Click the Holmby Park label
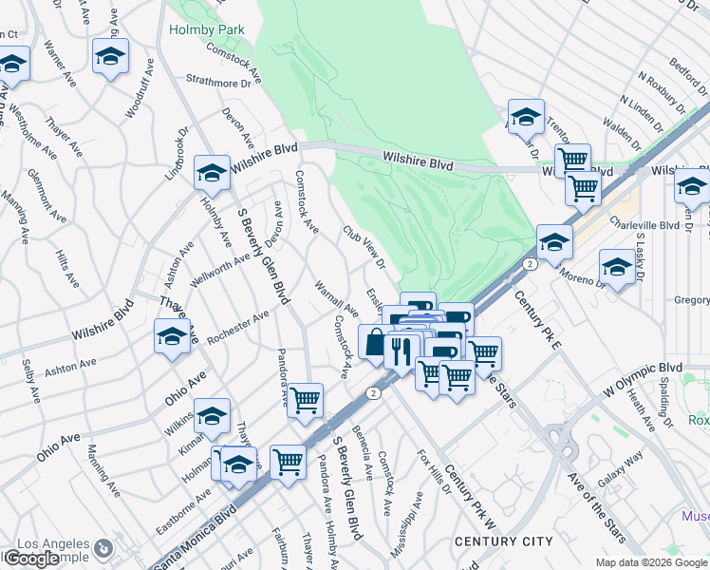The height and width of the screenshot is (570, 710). coord(207,29)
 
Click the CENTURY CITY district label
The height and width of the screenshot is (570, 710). coord(503,541)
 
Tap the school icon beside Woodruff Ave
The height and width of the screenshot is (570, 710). coord(111,56)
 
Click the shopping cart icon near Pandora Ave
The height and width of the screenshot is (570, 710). coord(306,401)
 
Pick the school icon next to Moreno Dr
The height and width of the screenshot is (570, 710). coord(617,267)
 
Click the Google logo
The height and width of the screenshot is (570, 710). coord(30,559)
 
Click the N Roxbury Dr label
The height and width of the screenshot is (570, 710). coord(662,93)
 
